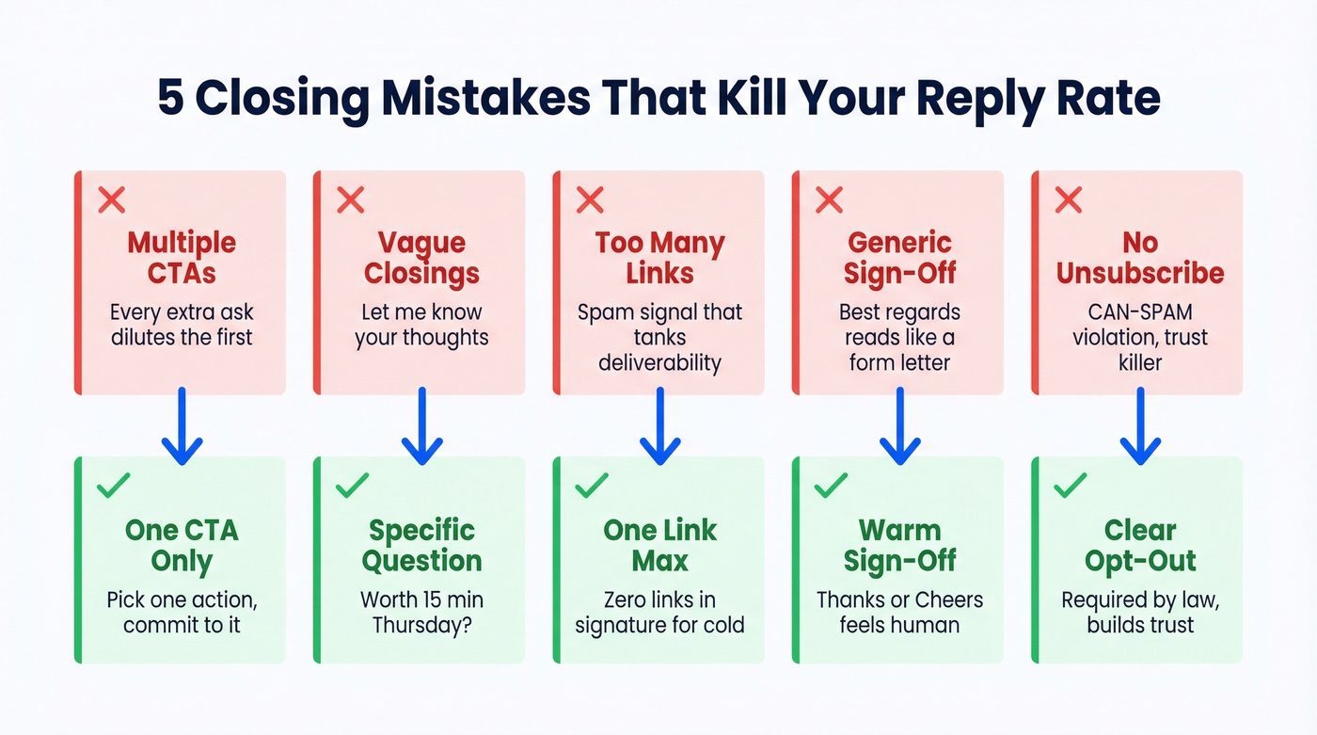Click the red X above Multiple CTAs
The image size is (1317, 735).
[112, 200]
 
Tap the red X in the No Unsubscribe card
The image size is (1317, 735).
[1068, 200]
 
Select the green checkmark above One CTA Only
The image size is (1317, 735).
[113, 486]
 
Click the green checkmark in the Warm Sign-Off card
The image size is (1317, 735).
[830, 486]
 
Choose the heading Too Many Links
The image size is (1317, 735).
[659, 259]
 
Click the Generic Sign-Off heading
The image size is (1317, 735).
[899, 259]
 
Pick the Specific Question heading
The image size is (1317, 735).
[421, 546]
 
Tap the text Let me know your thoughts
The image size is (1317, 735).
[421, 325]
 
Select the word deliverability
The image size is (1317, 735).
[659, 361]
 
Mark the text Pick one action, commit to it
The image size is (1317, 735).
[182, 612]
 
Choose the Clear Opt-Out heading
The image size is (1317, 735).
[1139, 546]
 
